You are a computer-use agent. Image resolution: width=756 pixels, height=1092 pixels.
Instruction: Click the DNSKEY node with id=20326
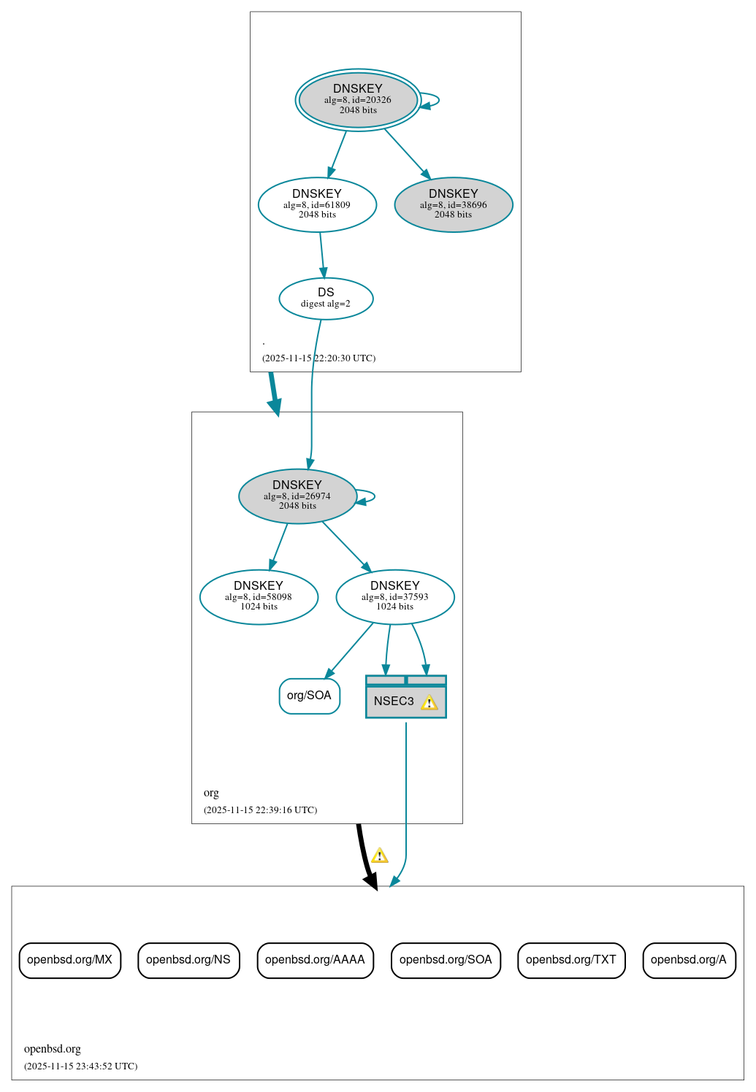pyautogui.click(x=358, y=100)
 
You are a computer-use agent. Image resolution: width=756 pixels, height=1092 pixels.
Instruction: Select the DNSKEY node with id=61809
pyautogui.click(x=317, y=204)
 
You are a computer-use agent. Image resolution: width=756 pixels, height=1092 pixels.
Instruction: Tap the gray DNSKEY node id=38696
pyautogui.click(x=453, y=204)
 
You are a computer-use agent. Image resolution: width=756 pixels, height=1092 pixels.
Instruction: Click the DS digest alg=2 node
pyautogui.click(x=326, y=298)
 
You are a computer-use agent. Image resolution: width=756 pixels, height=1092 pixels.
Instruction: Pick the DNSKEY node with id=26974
pyautogui.click(x=297, y=496)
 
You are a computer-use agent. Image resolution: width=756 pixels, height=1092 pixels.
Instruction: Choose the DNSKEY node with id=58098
pyautogui.click(x=259, y=596)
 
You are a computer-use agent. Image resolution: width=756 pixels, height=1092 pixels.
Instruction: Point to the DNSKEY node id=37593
pyautogui.click(x=394, y=596)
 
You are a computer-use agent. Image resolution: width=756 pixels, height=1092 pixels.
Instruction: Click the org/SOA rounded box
pyautogui.click(x=309, y=696)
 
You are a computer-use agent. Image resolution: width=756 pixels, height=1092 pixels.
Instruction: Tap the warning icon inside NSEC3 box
pyautogui.click(x=429, y=702)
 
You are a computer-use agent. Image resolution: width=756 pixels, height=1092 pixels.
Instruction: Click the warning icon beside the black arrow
pyautogui.click(x=380, y=855)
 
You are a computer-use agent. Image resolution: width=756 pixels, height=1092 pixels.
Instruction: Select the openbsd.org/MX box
pyautogui.click(x=69, y=960)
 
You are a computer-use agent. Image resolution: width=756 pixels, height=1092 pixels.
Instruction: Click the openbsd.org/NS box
pyautogui.click(x=188, y=960)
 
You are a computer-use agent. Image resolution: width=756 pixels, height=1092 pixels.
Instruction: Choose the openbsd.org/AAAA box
pyautogui.click(x=315, y=960)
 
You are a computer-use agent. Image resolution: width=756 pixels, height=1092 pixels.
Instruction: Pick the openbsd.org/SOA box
pyautogui.click(x=446, y=960)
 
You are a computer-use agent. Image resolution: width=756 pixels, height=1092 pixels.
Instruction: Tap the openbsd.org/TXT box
pyautogui.click(x=571, y=960)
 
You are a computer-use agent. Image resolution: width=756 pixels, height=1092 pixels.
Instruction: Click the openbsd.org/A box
pyautogui.click(x=689, y=960)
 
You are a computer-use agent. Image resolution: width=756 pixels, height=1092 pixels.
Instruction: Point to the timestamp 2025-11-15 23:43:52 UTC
pyautogui.click(x=80, y=1066)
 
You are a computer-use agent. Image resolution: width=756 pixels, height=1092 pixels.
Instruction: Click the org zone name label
pyautogui.click(x=211, y=793)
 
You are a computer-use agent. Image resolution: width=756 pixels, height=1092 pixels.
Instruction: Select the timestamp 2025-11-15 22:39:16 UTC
pyautogui.click(x=260, y=810)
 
